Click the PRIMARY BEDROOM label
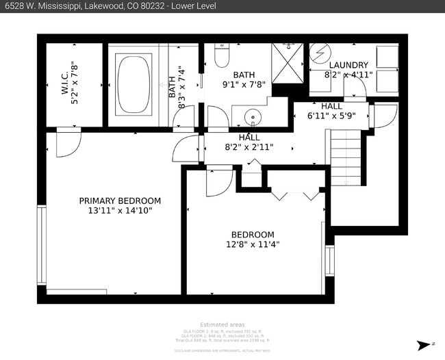(120, 201)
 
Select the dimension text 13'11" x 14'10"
(120, 211)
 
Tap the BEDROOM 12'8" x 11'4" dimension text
(253, 244)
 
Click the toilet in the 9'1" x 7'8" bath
(222, 55)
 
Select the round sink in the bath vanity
(253, 117)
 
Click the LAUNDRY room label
(348, 65)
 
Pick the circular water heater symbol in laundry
(320, 53)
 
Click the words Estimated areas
(222, 324)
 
